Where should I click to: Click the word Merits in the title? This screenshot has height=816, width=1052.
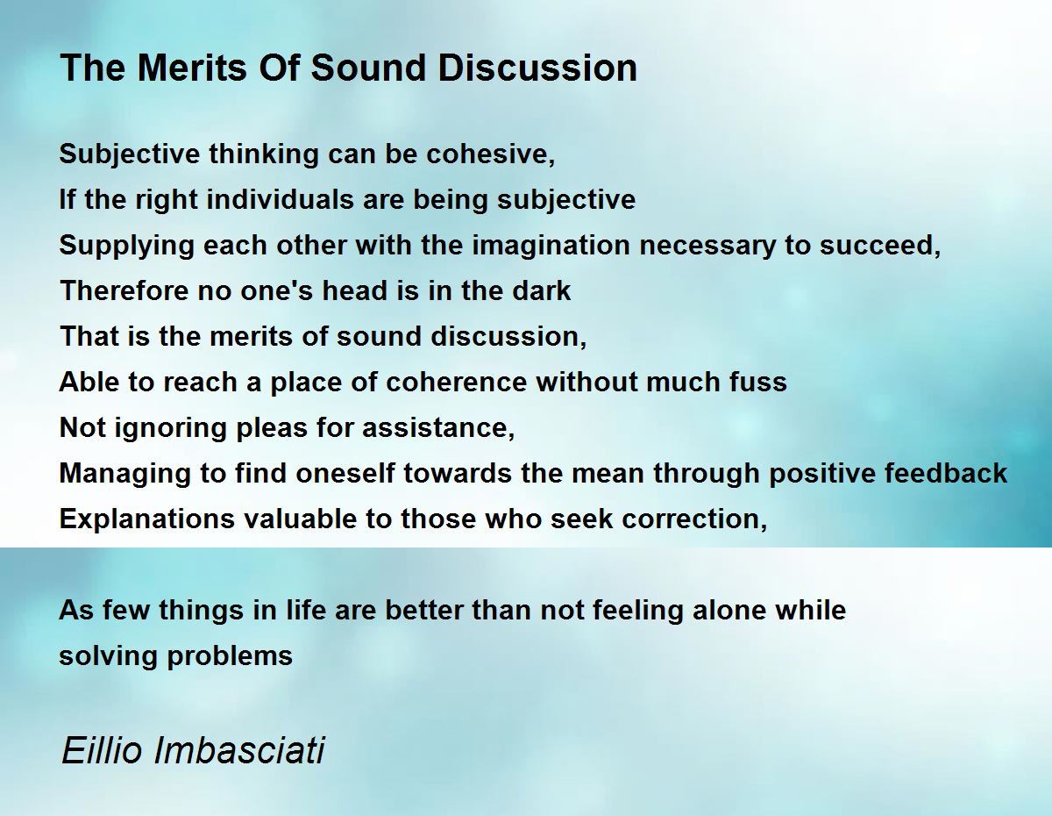tap(193, 68)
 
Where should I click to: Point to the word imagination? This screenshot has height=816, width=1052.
tap(551, 245)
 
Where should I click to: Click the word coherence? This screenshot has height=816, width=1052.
tap(456, 382)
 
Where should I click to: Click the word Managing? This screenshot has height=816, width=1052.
tap(124, 474)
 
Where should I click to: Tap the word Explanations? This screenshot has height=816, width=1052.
tap(146, 519)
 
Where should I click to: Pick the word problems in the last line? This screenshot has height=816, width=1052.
tap(230, 656)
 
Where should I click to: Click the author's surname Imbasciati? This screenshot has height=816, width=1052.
tap(239, 750)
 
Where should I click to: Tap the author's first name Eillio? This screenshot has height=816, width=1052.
tap(102, 750)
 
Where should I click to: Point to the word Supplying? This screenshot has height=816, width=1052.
tap(126, 245)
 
